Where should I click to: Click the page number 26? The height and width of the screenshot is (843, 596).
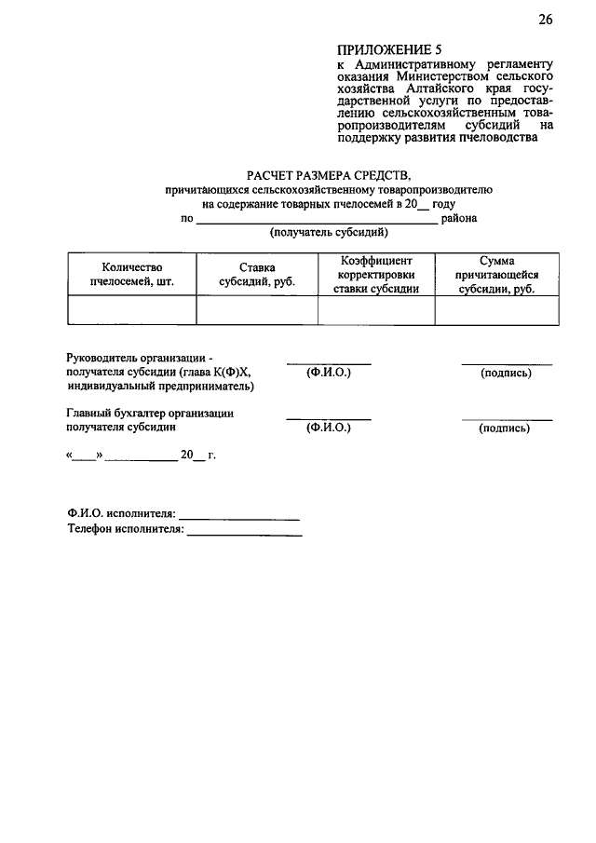545,20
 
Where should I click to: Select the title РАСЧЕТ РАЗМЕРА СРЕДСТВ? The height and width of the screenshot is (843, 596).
328,174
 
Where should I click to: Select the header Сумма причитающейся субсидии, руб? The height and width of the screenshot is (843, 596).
496,275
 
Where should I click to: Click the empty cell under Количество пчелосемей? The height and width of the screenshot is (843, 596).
131,310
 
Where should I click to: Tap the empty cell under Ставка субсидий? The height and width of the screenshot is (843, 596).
256,310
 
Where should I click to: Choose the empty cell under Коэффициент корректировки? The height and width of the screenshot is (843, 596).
376,310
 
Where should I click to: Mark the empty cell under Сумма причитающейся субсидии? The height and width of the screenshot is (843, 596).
496,310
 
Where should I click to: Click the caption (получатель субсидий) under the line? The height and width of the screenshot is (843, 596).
328,233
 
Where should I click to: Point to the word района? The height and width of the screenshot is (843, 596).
459,219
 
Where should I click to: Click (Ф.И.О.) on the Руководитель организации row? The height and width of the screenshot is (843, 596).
328,373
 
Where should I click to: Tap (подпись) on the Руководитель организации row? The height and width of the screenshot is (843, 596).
506,373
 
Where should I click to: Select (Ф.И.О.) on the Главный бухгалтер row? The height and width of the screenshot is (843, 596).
328,428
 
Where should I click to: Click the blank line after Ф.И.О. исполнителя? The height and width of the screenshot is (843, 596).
238,514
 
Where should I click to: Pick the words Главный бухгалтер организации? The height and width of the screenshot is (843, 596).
150,413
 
